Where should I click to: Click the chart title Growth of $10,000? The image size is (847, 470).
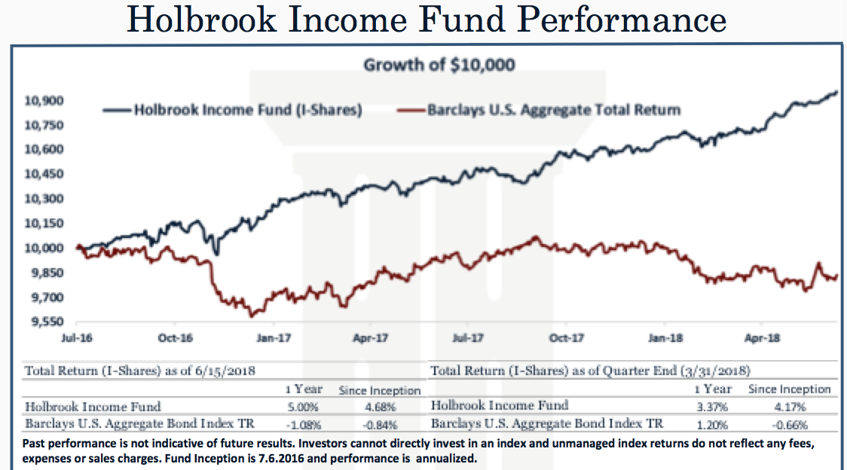439,65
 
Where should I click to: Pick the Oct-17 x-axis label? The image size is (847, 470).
567,338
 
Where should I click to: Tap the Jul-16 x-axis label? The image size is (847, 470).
77,338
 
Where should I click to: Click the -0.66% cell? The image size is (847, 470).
789,423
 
